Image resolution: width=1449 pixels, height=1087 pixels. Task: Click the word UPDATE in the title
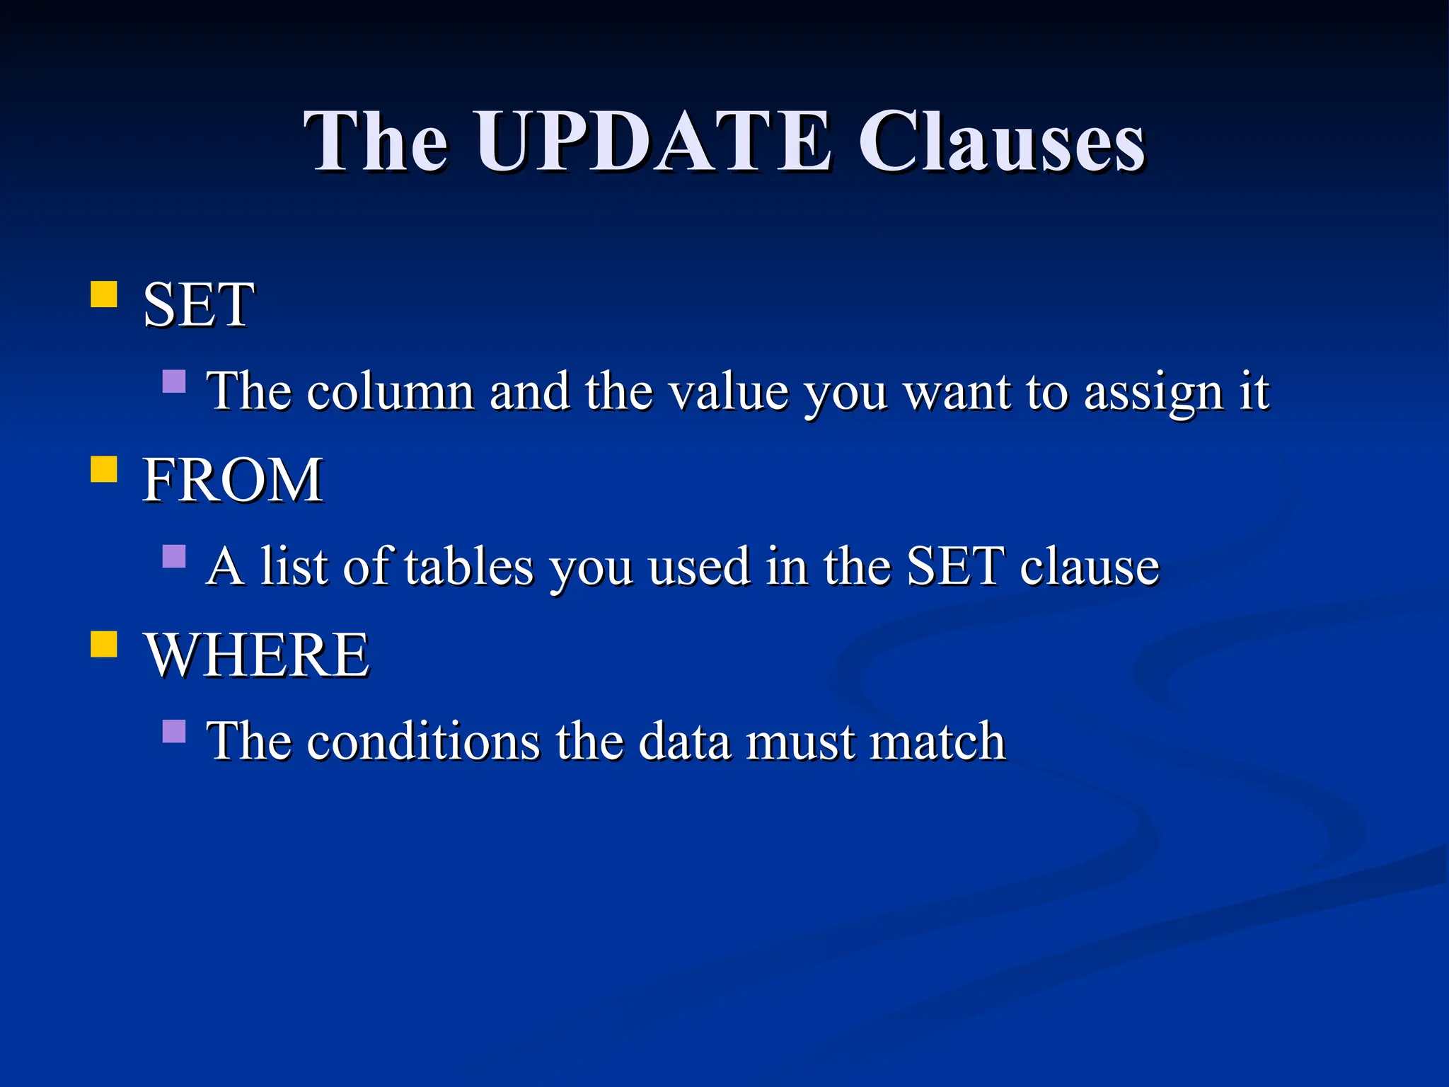click(x=654, y=142)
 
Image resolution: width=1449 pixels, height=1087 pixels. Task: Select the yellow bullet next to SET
click(x=104, y=294)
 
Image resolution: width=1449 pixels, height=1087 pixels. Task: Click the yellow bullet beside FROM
click(x=104, y=469)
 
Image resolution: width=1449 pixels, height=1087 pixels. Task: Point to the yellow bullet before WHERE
click(x=104, y=645)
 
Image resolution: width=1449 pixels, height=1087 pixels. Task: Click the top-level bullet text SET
click(x=198, y=305)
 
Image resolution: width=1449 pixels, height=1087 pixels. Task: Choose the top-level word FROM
click(x=233, y=481)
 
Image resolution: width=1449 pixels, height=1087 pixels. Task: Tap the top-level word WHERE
click(x=257, y=655)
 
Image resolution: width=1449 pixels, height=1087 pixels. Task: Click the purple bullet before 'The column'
click(x=174, y=381)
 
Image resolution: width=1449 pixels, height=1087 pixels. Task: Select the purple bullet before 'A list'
click(x=174, y=556)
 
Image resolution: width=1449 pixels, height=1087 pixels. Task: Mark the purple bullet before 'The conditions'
click(x=174, y=731)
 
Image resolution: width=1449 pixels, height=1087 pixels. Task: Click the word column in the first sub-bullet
click(x=390, y=391)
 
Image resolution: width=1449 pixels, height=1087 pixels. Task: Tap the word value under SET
click(x=729, y=391)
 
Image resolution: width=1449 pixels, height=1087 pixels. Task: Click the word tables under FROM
click(x=469, y=566)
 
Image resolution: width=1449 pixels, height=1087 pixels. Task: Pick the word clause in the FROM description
click(x=1090, y=567)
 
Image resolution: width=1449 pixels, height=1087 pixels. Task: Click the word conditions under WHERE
click(x=423, y=742)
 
